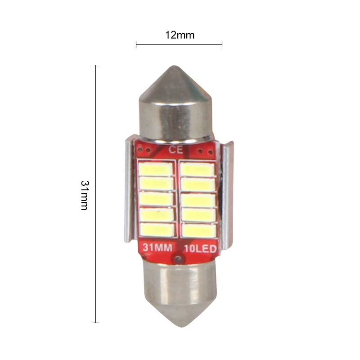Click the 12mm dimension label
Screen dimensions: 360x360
click(x=180, y=35)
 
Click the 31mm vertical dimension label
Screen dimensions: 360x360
click(x=84, y=195)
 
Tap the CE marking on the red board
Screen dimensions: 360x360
click(x=176, y=150)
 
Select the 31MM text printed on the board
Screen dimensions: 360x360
click(x=157, y=247)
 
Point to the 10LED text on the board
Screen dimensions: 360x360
click(x=200, y=249)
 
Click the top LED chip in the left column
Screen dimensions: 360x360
click(x=156, y=169)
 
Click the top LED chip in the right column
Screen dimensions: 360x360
click(x=197, y=170)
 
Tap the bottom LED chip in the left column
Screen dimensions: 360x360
click(x=157, y=230)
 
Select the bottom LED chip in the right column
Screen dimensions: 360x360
click(x=199, y=230)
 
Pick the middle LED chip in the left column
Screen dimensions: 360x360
click(x=156, y=199)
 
